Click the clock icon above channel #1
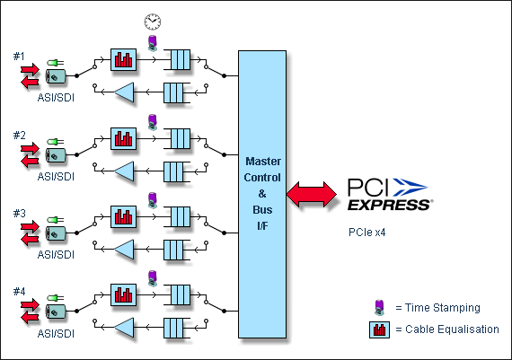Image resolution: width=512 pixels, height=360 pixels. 153,22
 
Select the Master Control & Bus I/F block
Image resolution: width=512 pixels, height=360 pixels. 262,194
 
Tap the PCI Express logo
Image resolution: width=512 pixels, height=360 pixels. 390,194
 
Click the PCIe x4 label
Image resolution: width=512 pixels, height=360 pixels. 367,233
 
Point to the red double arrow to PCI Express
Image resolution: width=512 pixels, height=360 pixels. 311,194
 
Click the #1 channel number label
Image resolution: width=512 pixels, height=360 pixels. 19,57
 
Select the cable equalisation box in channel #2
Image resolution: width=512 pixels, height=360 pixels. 123,139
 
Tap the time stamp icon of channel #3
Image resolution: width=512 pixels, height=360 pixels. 152,200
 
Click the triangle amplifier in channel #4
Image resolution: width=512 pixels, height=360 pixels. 124,328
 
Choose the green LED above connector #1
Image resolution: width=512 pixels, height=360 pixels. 55,63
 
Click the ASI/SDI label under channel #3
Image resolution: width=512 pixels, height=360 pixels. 56,255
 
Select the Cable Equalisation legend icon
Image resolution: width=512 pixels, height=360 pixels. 379,329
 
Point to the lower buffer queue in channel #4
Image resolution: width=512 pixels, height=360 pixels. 177,328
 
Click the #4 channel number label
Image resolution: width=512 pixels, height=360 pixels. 19,291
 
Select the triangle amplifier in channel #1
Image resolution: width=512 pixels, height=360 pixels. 124,92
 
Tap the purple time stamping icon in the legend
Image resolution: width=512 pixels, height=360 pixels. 379,307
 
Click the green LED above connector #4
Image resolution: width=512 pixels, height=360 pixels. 55,298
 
